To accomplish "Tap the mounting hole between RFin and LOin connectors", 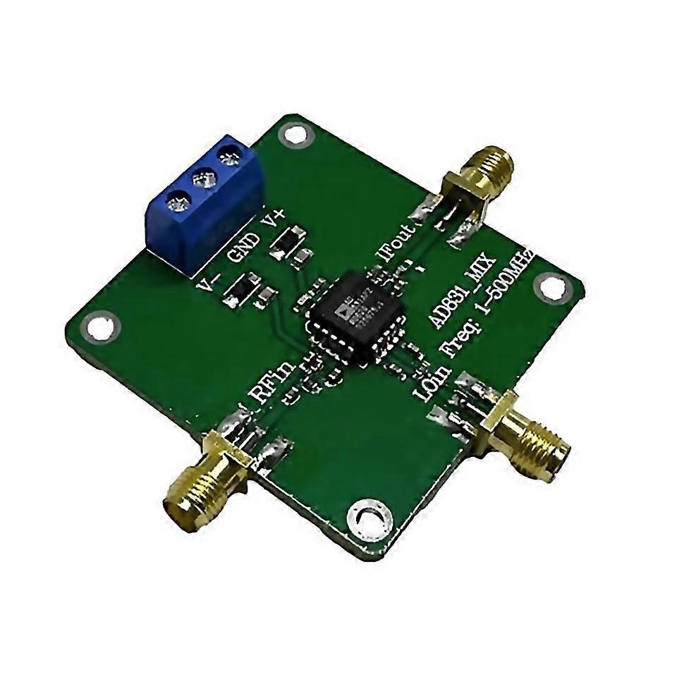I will point(367,514).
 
